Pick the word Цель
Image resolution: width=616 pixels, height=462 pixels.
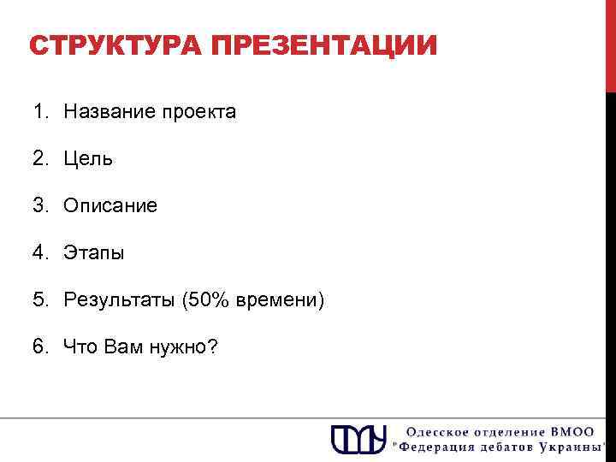pos(89,159)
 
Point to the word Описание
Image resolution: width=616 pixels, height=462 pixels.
pos(110,206)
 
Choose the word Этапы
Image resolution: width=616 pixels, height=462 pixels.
pos(94,253)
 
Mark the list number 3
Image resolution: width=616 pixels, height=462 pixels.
pos(40,206)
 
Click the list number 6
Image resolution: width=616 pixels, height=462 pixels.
pos(40,347)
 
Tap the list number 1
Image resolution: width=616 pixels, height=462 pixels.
pos(40,112)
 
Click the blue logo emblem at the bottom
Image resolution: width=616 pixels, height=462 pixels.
pos(359,438)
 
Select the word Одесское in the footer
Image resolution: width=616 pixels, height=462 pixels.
pos(433,431)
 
